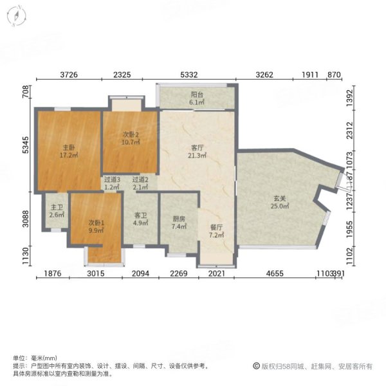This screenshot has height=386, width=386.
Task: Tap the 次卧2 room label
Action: [x=131, y=134]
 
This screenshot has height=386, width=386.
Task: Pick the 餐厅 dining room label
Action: [x=216, y=227]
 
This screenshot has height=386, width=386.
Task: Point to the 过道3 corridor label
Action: [x=113, y=180]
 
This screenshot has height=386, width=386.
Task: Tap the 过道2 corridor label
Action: [x=140, y=180]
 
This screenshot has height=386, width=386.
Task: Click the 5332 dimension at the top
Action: [x=198, y=75]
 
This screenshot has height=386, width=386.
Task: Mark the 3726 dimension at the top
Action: [x=69, y=75]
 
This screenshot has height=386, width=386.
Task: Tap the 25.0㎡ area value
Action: [x=279, y=207]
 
